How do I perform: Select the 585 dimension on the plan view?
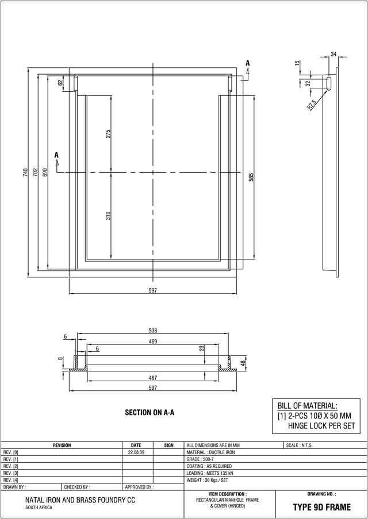pos(251,178)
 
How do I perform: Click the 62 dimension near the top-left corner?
pos(60,83)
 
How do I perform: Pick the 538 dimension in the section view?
pos(152,330)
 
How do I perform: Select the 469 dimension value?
pos(152,342)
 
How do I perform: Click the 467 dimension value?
pos(152,378)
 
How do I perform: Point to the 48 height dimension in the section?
pos(243,363)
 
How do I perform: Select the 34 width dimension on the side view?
pos(333,54)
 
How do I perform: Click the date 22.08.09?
pos(136,452)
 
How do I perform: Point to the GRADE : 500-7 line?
pos(201,459)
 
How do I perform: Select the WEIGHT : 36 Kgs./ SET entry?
pos(208,479)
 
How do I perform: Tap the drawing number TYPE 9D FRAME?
pos(321,508)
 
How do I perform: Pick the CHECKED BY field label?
pos(77,486)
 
